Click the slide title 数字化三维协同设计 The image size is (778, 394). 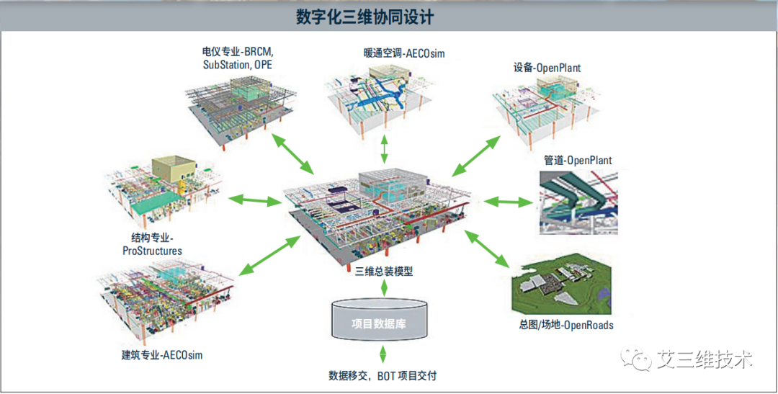pyautogui.click(x=365, y=17)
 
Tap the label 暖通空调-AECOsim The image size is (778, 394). pyautogui.click(x=404, y=53)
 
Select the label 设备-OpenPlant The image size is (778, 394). pyautogui.click(x=547, y=68)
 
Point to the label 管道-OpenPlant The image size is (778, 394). pyautogui.click(x=578, y=160)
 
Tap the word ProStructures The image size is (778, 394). pyautogui.click(x=152, y=251)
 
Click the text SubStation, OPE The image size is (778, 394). pyautogui.click(x=238, y=65)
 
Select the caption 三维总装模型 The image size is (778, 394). pyautogui.click(x=384, y=272)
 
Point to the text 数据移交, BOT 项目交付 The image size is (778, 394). pyautogui.click(x=383, y=376)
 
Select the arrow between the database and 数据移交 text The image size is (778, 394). pyautogui.click(x=383, y=354)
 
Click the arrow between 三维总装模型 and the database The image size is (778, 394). pyautogui.click(x=384, y=287)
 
